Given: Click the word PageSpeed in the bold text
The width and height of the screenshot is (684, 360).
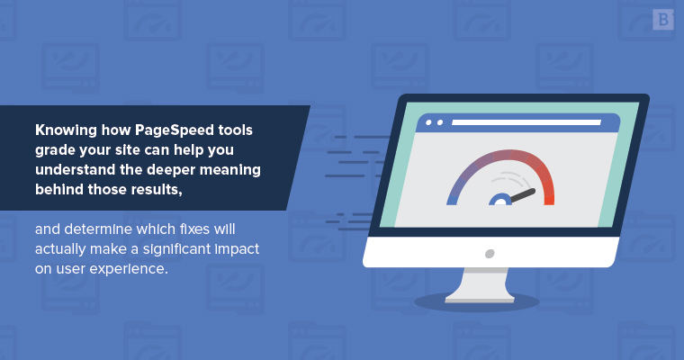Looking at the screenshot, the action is [175, 130].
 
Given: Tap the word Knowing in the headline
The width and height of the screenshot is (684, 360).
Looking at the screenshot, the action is [66, 130].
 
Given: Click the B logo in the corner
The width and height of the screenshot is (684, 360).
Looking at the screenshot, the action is [663, 20].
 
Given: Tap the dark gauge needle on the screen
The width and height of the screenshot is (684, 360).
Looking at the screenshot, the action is [523, 196].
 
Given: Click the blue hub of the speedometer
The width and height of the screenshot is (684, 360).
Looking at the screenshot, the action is [500, 200].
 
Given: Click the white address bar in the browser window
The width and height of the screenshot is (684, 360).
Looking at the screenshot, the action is [526, 122].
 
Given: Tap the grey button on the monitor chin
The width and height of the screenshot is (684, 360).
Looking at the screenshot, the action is [490, 254].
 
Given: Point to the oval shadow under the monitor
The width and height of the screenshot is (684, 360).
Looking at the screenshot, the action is [476, 302].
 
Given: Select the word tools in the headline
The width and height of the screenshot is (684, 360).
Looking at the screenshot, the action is [236, 130].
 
